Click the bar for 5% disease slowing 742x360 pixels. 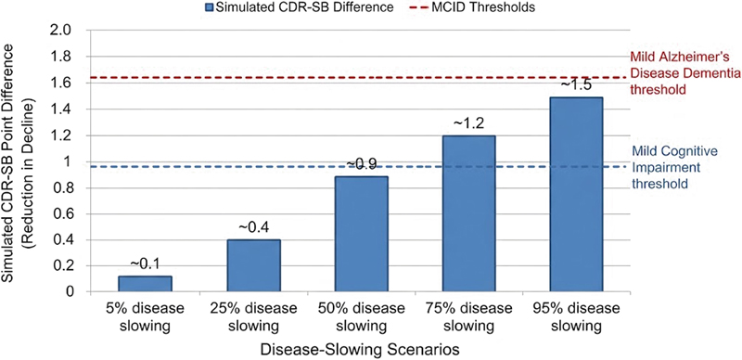(145, 283)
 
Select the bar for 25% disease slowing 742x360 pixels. (253, 265)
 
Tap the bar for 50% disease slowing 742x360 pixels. (362, 234)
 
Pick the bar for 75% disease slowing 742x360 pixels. (469, 213)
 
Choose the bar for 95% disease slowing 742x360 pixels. (576, 194)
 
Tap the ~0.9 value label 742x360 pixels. (362, 164)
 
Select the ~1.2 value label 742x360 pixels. (469, 124)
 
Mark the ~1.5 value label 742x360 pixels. (576, 85)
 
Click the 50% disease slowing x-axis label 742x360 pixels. (362, 317)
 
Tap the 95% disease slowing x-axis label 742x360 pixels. (576, 317)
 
